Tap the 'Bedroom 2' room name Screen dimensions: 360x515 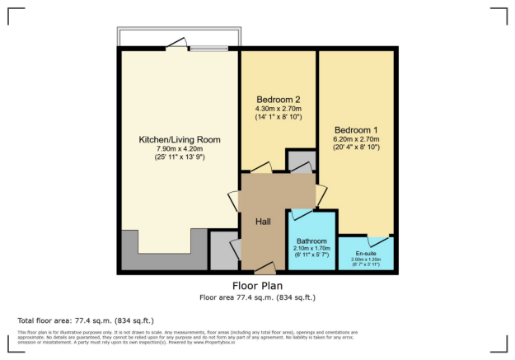278,99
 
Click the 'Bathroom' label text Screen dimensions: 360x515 312,241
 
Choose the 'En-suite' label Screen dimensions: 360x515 366,253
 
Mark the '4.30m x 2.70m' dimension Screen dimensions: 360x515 278,109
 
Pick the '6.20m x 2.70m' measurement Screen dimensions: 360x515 357,140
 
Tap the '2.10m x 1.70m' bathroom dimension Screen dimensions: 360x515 312,248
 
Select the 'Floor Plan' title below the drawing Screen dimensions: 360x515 258,286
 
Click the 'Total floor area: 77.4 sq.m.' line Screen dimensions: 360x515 86,320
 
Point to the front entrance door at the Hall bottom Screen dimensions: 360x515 265,269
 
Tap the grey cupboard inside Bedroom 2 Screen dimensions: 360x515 300,160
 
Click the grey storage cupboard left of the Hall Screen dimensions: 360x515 222,250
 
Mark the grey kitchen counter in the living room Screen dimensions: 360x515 161,259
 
